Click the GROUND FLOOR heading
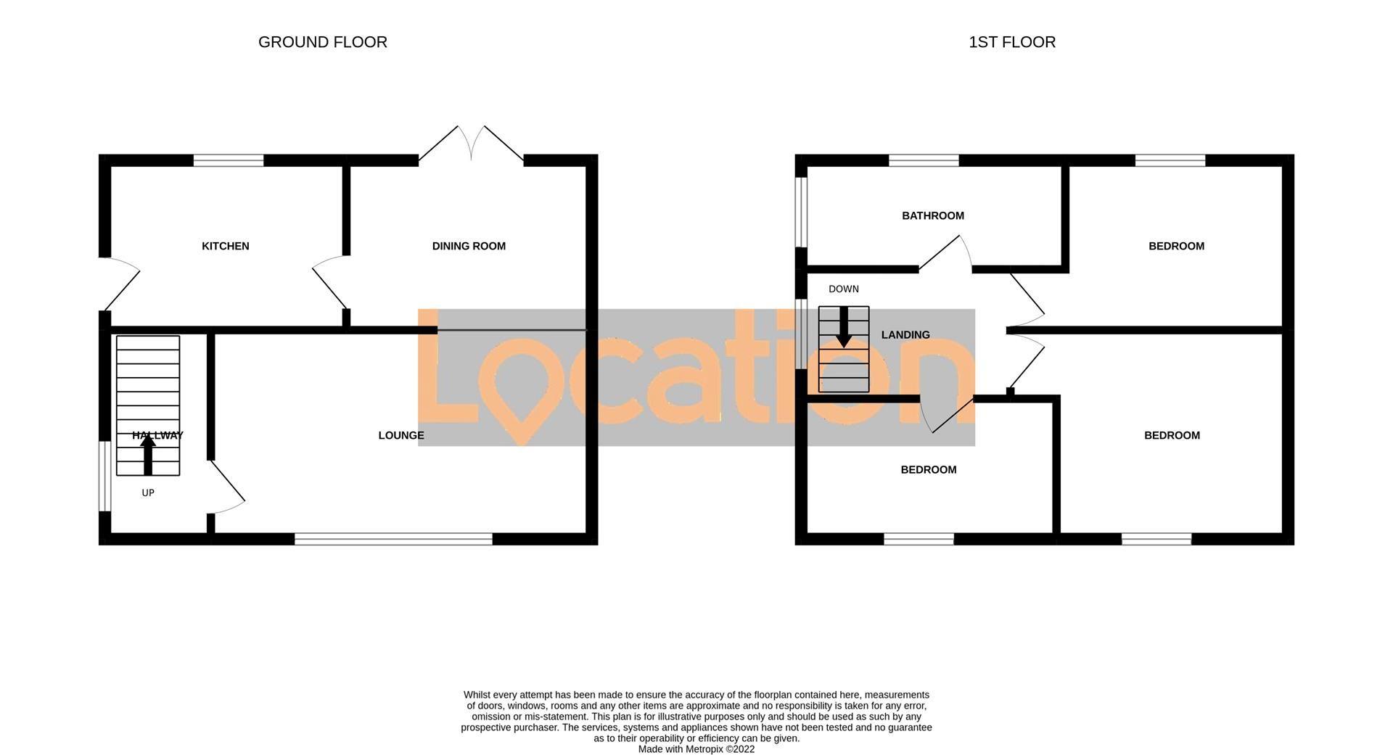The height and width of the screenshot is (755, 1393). pyautogui.click(x=322, y=42)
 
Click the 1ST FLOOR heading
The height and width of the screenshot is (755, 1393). pyautogui.click(x=1011, y=42)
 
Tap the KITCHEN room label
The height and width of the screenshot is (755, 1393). pyautogui.click(x=225, y=246)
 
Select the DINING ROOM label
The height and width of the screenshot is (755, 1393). pyautogui.click(x=469, y=246)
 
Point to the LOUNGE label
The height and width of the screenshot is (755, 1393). pyautogui.click(x=400, y=435)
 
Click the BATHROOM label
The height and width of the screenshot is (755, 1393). pyautogui.click(x=932, y=215)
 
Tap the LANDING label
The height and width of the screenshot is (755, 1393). pyautogui.click(x=905, y=334)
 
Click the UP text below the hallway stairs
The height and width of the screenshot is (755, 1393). pyautogui.click(x=148, y=492)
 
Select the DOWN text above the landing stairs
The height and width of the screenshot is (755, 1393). pyautogui.click(x=843, y=289)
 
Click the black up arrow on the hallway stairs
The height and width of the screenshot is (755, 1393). pyautogui.click(x=148, y=454)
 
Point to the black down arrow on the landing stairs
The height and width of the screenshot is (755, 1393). pyautogui.click(x=843, y=328)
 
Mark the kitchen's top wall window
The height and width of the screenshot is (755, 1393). pyautogui.click(x=229, y=160)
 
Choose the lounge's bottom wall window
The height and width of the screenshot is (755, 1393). pyautogui.click(x=393, y=539)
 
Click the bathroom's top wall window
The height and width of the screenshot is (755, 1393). pyautogui.click(x=924, y=160)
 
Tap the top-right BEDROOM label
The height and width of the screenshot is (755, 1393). pyautogui.click(x=1176, y=246)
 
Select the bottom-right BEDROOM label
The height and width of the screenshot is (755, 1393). pyautogui.click(x=1172, y=435)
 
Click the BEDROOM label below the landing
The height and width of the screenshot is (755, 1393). pyautogui.click(x=928, y=469)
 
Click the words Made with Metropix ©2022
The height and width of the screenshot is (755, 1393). pyautogui.click(x=696, y=749)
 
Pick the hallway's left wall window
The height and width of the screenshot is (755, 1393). pyautogui.click(x=104, y=476)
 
